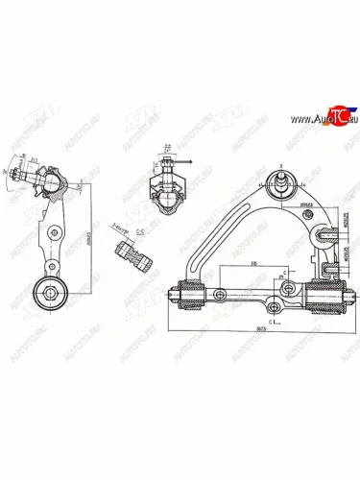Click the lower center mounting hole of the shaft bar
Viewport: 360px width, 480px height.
pos(276,306)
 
